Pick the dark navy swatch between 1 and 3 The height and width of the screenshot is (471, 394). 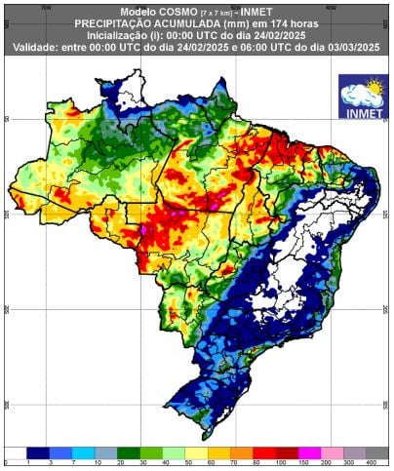point(39,451)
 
